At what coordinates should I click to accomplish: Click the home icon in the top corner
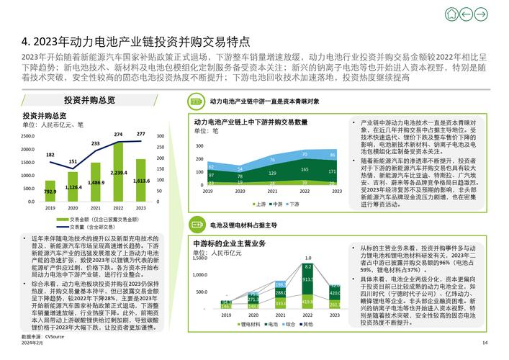451,14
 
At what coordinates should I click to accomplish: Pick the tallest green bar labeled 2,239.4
118,174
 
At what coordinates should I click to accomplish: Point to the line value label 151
73,162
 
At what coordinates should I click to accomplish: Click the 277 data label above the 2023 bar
140,134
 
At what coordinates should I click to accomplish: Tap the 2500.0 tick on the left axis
29,135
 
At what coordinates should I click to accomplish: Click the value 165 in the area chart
305,169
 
